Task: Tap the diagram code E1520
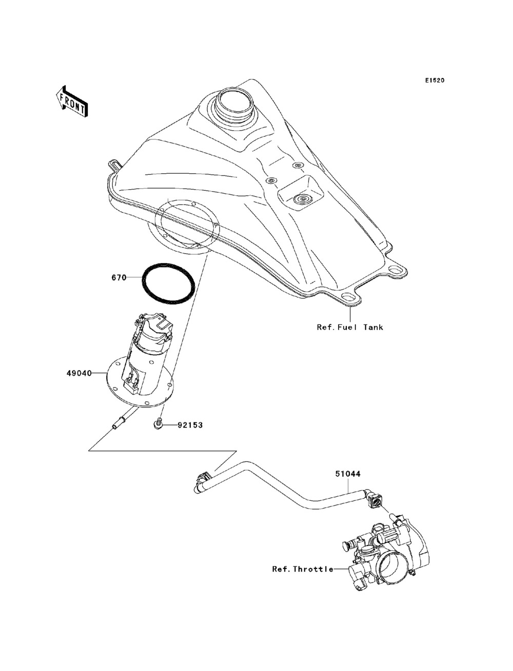[434, 80]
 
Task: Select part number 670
[119, 278]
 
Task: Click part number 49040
[78, 373]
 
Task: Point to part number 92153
[190, 424]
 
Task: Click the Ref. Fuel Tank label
[349, 327]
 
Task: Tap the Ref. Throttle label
[303, 568]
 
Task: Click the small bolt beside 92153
[159, 423]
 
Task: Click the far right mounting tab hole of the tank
[396, 269]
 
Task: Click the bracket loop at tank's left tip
[114, 165]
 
